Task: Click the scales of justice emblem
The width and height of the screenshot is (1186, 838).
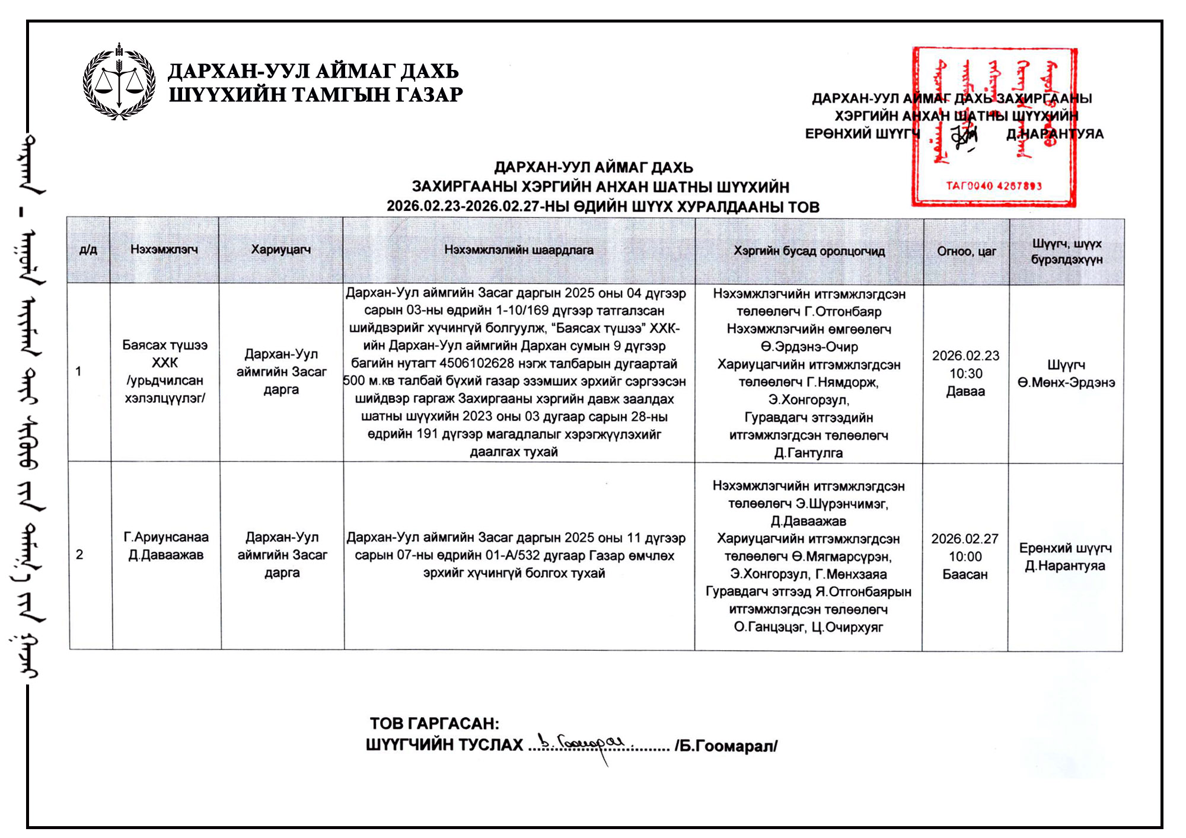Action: tap(119, 82)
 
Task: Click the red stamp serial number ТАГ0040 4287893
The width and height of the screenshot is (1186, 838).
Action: tap(993, 185)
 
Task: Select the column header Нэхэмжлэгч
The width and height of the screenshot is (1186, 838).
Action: tap(164, 250)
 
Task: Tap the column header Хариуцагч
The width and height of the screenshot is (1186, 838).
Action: tap(280, 250)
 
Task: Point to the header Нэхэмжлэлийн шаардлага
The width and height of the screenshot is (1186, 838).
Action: tap(519, 250)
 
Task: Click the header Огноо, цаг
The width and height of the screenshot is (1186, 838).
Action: tap(966, 251)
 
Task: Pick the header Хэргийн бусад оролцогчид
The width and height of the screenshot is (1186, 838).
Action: tap(809, 251)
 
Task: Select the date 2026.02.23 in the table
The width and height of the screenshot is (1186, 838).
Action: tap(965, 356)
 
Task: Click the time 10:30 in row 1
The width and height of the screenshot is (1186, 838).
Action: tap(965, 373)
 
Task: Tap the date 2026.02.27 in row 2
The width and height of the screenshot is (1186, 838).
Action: tap(965, 539)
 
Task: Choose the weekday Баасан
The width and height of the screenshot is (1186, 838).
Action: tap(965, 574)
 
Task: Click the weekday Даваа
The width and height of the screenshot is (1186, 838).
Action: tap(965, 391)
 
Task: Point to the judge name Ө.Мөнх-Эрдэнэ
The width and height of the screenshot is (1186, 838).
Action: tap(1066, 383)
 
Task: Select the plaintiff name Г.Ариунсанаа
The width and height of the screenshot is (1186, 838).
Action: tap(166, 538)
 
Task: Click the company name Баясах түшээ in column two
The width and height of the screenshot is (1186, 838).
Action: tap(165, 345)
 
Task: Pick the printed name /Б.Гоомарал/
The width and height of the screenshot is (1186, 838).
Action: tap(726, 746)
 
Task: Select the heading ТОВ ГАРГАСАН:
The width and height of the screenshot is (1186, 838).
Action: tap(434, 724)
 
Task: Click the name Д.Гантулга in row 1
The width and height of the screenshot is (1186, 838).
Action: tap(808, 453)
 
